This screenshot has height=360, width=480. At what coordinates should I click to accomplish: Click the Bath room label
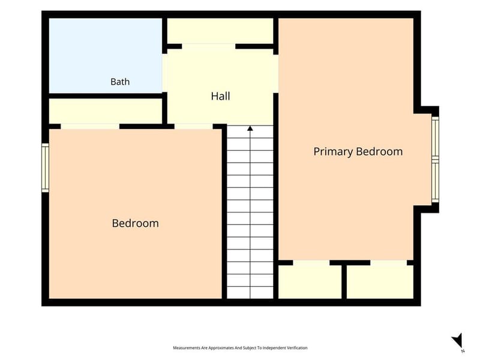(120, 82)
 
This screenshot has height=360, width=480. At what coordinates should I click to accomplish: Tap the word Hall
(220, 96)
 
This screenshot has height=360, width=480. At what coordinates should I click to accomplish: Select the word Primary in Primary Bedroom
(333, 152)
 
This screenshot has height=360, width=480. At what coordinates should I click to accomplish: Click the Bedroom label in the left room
(136, 223)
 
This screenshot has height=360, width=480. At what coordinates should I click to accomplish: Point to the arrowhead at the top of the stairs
(250, 128)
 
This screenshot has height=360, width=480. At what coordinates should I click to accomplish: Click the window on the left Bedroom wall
(45, 168)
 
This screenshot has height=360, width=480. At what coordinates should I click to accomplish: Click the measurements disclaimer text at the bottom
(240, 348)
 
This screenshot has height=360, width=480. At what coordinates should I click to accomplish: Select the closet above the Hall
(220, 31)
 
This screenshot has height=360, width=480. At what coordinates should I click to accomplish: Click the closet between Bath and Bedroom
(106, 111)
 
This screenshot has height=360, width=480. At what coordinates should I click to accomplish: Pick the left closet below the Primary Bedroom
(310, 281)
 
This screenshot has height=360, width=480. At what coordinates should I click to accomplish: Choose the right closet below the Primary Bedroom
(380, 281)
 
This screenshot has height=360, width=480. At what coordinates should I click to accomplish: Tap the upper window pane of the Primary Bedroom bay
(436, 137)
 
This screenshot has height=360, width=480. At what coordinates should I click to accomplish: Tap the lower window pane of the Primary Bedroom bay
(436, 181)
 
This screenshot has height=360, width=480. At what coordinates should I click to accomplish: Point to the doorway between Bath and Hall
(164, 73)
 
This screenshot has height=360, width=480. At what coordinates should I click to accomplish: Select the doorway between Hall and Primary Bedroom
(275, 73)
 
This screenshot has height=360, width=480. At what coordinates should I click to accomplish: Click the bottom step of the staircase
(250, 293)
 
